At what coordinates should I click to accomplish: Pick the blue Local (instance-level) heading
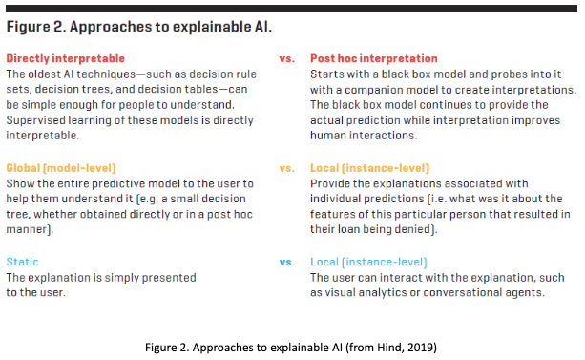coord(368,262)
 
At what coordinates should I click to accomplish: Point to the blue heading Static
coord(23,262)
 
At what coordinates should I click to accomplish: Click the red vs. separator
coord(286,58)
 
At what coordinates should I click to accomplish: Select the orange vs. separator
coord(286,168)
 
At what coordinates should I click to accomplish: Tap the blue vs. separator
coord(286,262)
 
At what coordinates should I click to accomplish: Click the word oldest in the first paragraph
coord(47,74)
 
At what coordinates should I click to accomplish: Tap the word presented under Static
coord(170,277)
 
